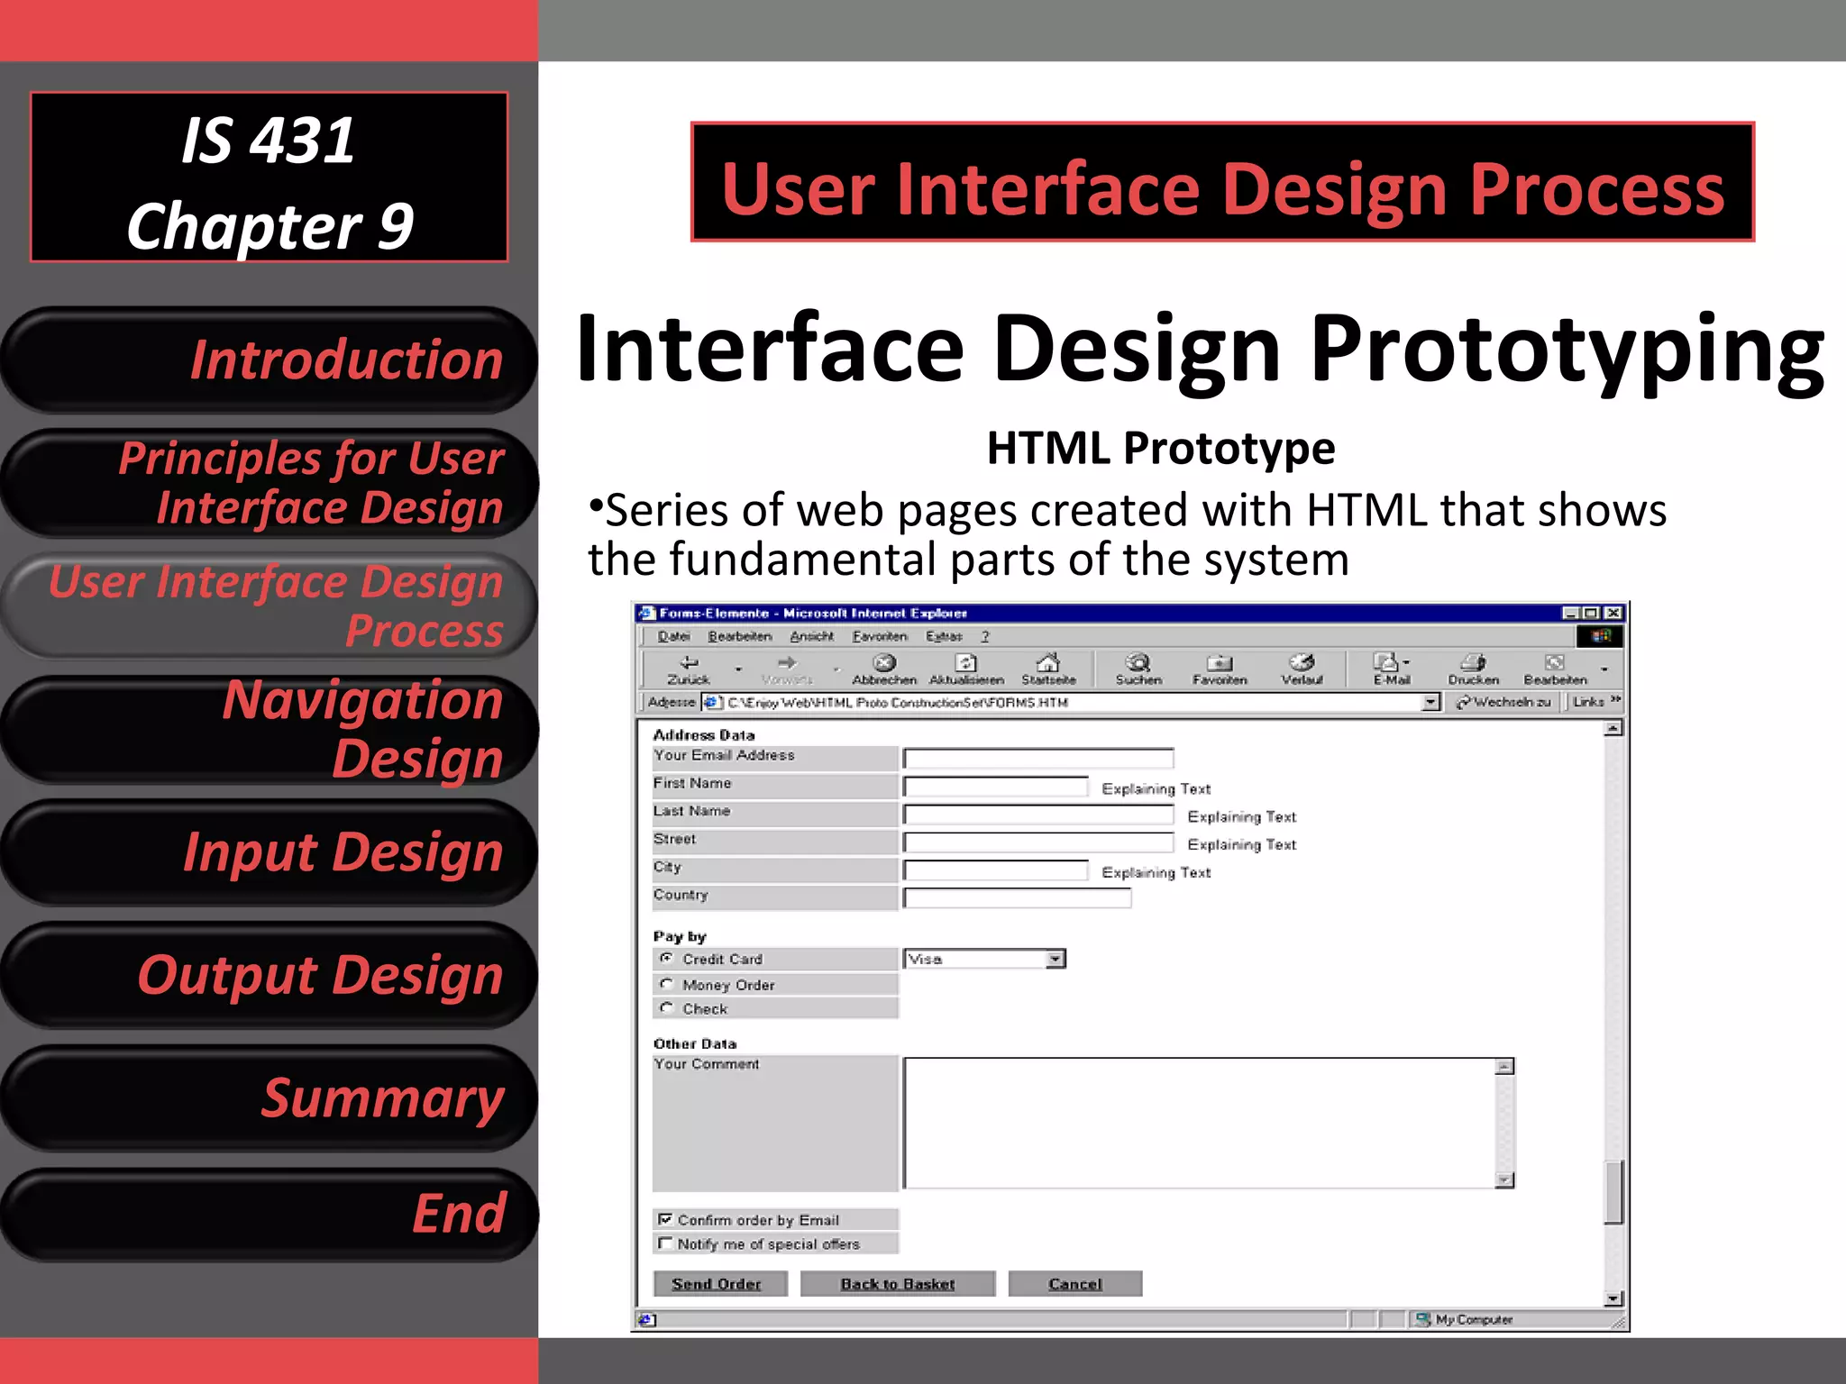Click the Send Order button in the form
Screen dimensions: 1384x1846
(717, 1284)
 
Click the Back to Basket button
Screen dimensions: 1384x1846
(897, 1284)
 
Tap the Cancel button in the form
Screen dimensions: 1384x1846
(1074, 1284)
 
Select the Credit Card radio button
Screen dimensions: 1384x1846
(666, 958)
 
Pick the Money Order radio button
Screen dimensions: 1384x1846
(666, 984)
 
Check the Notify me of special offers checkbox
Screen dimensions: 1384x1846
(665, 1243)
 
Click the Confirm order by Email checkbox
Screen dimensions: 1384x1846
(665, 1219)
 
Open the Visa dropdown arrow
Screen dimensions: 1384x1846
(1055, 960)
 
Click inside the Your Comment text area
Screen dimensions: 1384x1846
(1199, 1123)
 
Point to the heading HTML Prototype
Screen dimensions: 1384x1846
(1161, 448)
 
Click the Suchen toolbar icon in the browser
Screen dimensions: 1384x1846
(1138, 668)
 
